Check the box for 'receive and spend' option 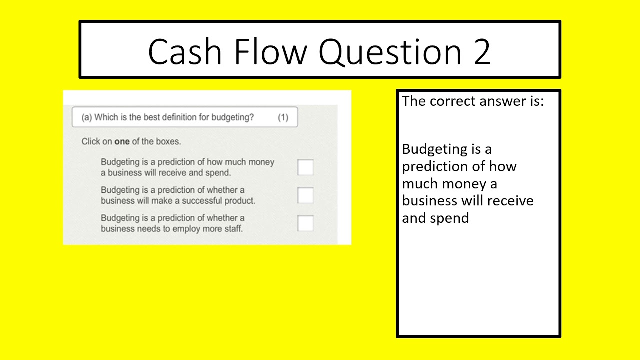pos(305,167)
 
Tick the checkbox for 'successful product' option pos(305,195)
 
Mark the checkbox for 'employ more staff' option pos(305,223)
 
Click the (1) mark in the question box pos(283,117)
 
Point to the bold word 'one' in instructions pos(122,141)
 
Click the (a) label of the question pos(87,117)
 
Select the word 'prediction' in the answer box pos(438,166)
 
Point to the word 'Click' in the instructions pos(91,141)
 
